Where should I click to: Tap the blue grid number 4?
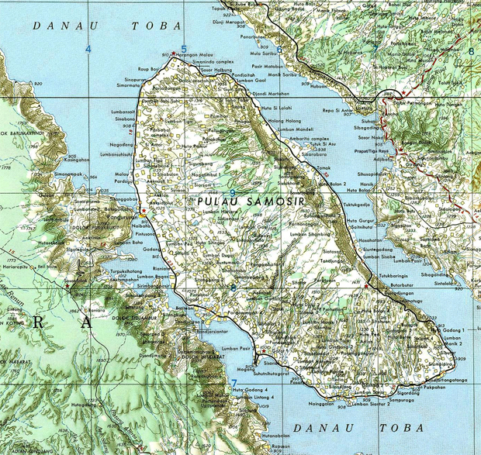(x=88, y=50)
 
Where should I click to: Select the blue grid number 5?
(x=184, y=50)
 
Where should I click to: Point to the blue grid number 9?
(x=232, y=192)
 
